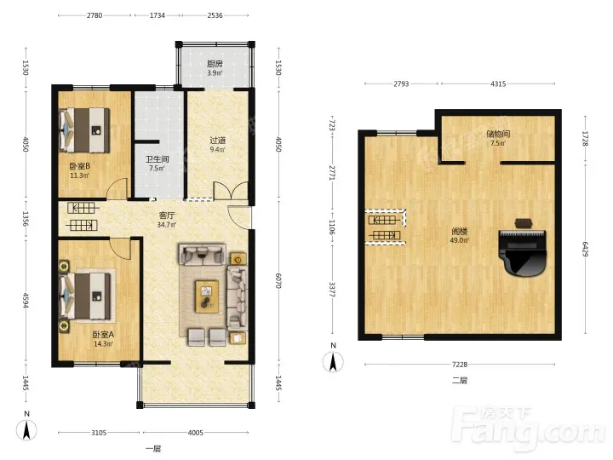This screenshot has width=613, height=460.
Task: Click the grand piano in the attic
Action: point(522,253)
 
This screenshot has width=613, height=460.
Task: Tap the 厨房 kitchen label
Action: point(215,64)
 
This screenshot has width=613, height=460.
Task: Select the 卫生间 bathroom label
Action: point(158,159)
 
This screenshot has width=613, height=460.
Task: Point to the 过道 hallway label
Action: point(217,141)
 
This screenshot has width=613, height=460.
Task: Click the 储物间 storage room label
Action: point(498,134)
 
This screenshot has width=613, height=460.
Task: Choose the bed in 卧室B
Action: point(83,130)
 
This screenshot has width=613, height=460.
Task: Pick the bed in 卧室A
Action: point(84,296)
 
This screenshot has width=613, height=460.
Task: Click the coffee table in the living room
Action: point(207,296)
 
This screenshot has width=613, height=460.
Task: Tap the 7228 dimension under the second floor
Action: point(460,365)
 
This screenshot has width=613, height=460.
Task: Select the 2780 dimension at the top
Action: point(95,15)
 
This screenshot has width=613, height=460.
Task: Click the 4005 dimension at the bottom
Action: point(196,433)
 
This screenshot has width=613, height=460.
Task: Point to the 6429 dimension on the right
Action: point(585,249)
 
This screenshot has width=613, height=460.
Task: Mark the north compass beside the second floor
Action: point(333,359)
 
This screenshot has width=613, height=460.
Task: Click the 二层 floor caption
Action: point(460,380)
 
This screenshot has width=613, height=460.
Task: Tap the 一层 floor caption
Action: point(153,449)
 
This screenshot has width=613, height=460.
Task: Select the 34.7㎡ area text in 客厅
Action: point(167,225)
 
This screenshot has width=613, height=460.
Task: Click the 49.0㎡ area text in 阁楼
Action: point(460,240)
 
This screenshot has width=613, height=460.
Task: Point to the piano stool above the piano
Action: point(524,223)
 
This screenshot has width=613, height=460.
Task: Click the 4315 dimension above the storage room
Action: point(498,83)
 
